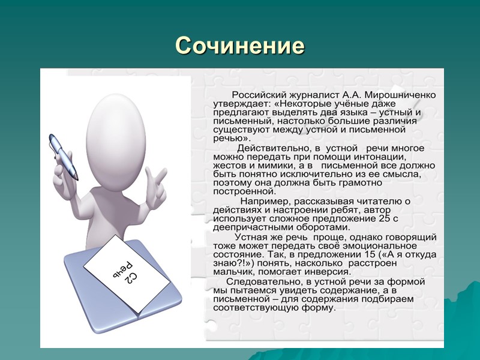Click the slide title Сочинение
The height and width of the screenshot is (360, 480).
click(240, 46)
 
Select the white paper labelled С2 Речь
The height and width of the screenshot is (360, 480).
click(124, 272)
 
